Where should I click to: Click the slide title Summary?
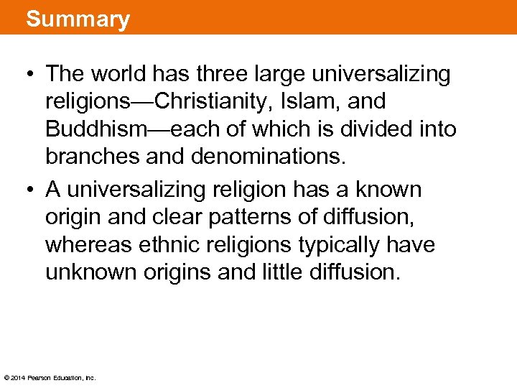coord(78,18)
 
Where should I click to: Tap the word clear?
coord(175,218)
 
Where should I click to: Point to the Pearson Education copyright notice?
coord(50,377)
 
